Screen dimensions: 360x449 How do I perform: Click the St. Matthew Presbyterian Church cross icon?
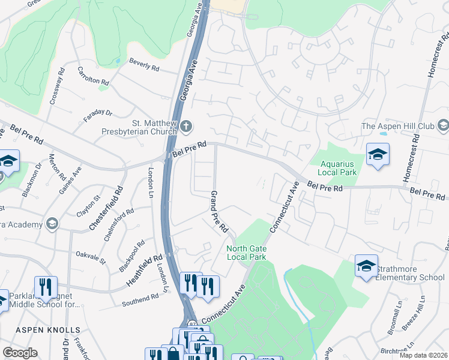[186, 126]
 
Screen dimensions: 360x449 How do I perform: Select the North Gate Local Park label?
[246, 253]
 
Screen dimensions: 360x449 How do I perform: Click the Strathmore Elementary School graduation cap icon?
[366, 266]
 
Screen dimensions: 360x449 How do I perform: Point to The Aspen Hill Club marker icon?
[444, 125]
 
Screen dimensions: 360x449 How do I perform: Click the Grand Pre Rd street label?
[218, 212]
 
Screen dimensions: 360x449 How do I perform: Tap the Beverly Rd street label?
[144, 67]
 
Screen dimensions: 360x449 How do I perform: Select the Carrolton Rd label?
[92, 76]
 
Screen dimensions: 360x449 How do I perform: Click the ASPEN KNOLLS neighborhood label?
[47, 330]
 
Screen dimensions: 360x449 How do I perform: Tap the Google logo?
[20, 353]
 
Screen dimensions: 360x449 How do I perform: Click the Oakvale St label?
[90, 258]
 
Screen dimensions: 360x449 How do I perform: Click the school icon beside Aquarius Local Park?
[378, 154]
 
